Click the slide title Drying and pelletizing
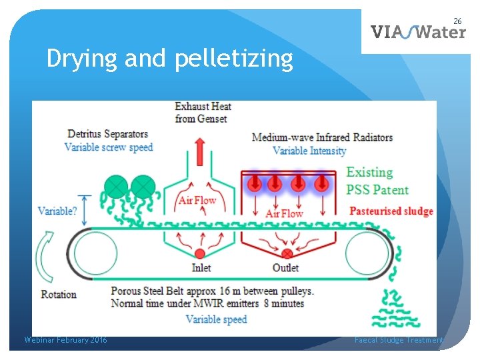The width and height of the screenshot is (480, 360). click(169, 59)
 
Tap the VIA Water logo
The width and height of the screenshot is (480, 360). click(418, 31)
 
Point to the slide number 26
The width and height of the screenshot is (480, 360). click(457, 21)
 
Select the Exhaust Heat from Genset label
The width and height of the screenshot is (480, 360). click(203, 112)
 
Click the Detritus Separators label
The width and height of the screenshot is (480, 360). click(107, 135)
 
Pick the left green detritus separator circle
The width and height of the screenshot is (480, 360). click(117, 185)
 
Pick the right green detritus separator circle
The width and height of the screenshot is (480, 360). click(142, 185)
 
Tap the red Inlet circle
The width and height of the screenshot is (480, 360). click(200, 253)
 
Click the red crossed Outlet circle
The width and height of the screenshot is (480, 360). click(287, 253)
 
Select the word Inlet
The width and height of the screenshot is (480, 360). click(201, 268)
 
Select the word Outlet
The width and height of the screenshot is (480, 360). click(285, 268)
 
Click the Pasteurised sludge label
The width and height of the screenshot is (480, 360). click(391, 211)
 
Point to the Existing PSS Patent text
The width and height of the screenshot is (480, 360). click(377, 181)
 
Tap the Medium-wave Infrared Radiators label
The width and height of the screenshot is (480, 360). click(322, 137)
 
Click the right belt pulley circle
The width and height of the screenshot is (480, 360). click(366, 253)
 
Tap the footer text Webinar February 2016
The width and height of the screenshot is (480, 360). click(65, 340)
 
